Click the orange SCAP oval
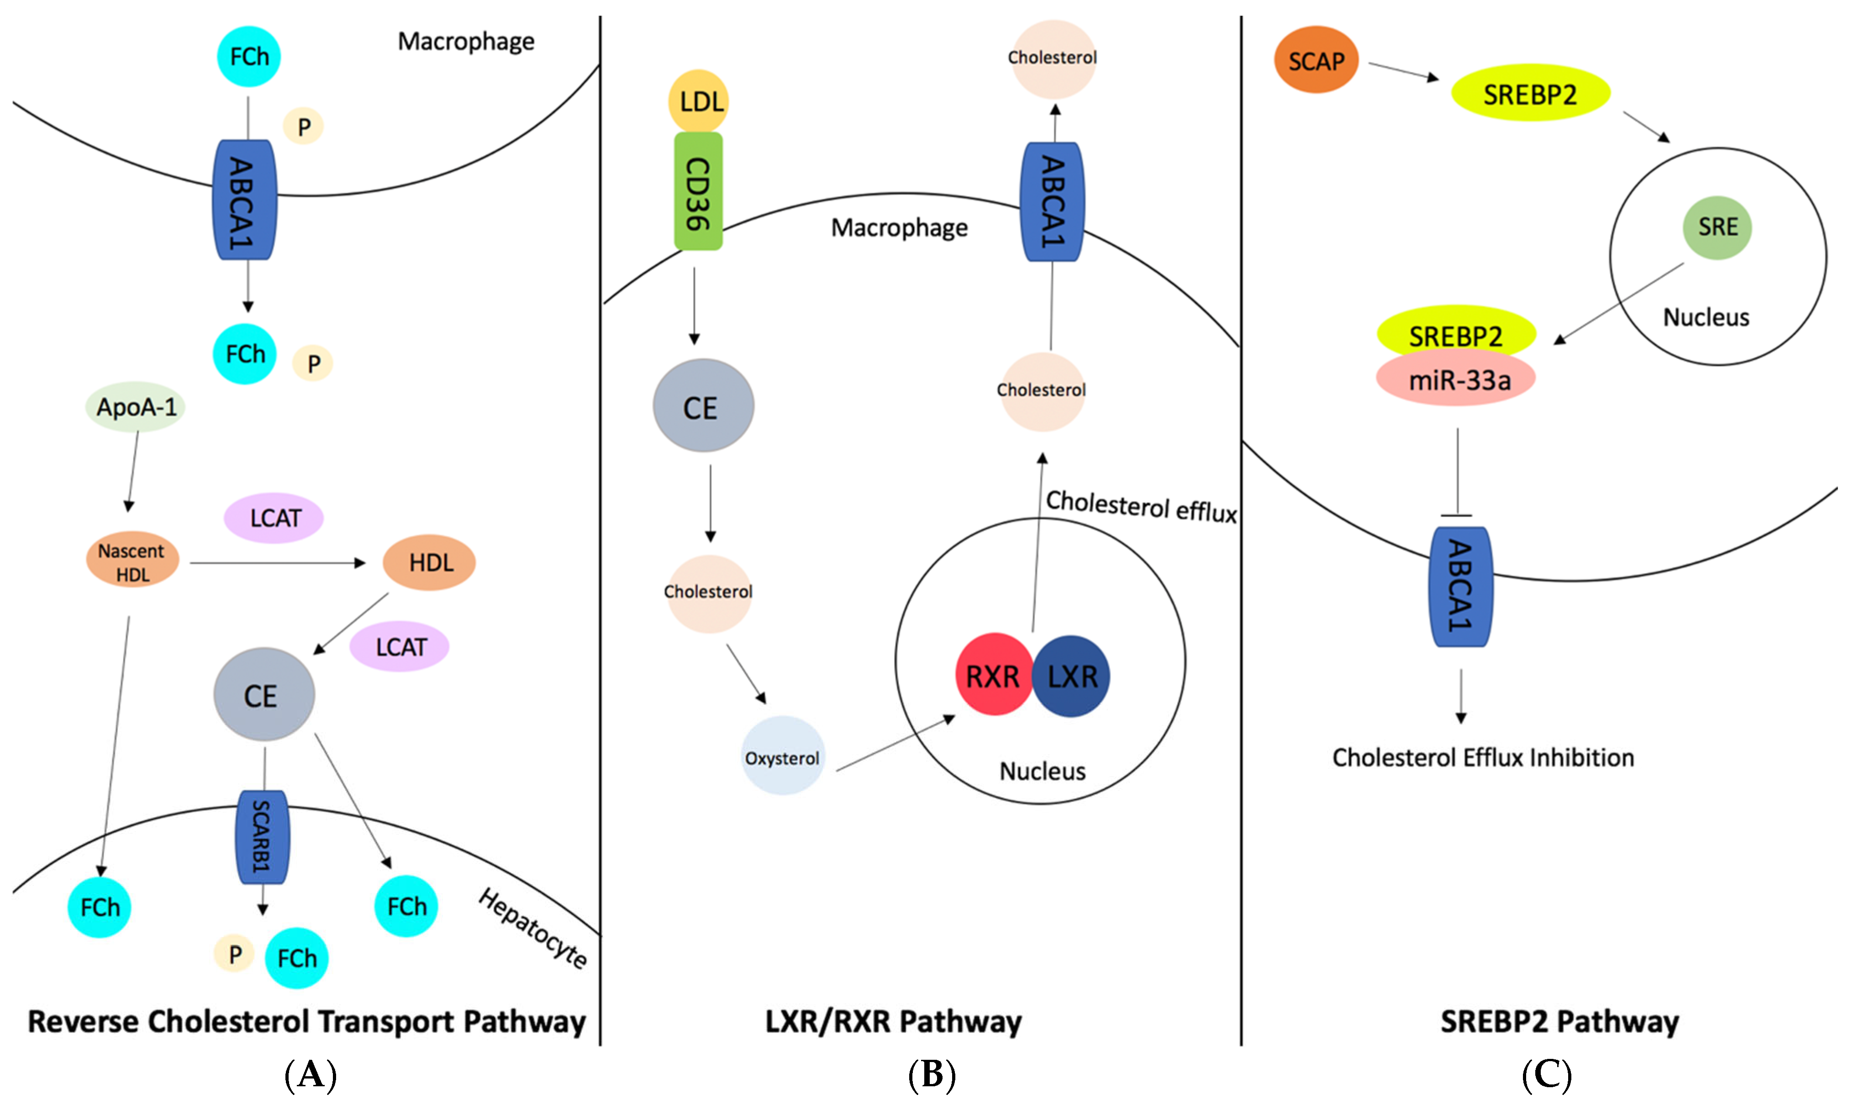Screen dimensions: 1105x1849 point(1316,60)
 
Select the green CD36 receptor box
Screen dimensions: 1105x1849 point(698,191)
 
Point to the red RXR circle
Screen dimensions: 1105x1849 point(993,674)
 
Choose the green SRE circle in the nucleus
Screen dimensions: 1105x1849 point(1717,227)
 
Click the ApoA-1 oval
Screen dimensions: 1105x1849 point(136,406)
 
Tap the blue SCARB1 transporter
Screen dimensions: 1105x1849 point(262,836)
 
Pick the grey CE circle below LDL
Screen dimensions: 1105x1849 point(703,406)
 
